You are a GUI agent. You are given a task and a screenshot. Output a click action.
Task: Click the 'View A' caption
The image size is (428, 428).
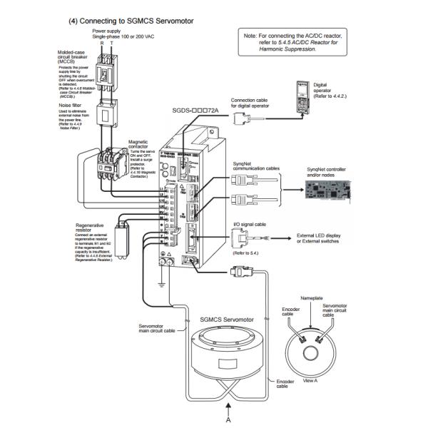tap(312, 382)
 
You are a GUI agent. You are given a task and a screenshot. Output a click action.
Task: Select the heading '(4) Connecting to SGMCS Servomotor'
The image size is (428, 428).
tap(131, 21)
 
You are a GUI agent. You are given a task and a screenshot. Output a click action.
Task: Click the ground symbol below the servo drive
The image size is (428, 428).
tap(163, 280)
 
